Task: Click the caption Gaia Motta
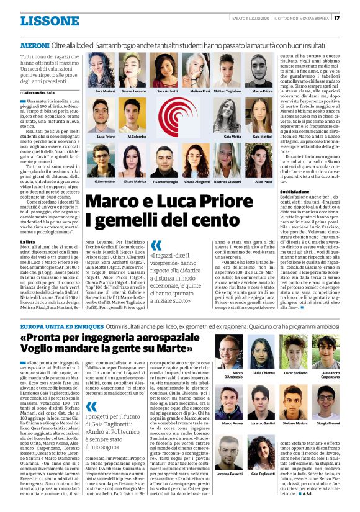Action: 232,135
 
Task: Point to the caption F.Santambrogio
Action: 166,182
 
